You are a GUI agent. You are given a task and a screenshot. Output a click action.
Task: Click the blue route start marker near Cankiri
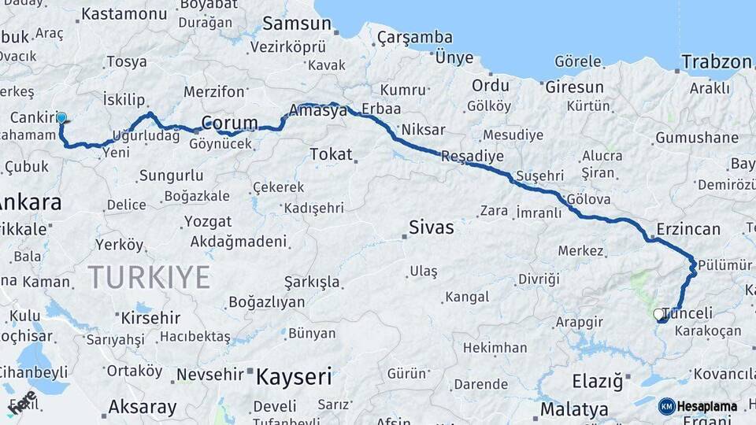point(61,118)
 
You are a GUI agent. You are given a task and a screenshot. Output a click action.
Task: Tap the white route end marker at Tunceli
point(658,314)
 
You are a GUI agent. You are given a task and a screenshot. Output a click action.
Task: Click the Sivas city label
point(431,227)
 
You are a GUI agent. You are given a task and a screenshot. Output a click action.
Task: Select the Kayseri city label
point(294,376)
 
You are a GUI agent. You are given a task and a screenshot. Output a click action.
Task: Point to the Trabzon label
point(717,62)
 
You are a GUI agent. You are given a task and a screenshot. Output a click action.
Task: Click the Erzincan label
point(686,229)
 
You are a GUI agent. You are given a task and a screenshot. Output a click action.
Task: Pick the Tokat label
point(331,153)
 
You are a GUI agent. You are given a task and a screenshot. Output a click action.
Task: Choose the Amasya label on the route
point(318,111)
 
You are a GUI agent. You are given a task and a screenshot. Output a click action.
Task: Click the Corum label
point(229,123)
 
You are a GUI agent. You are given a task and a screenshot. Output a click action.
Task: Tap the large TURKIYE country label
point(149,277)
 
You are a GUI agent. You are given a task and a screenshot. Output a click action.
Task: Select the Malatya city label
point(574,409)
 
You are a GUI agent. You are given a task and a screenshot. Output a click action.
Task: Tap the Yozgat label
point(208,221)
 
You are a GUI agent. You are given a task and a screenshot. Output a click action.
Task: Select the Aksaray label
point(142,407)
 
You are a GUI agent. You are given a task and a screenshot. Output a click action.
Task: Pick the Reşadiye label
point(472,156)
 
